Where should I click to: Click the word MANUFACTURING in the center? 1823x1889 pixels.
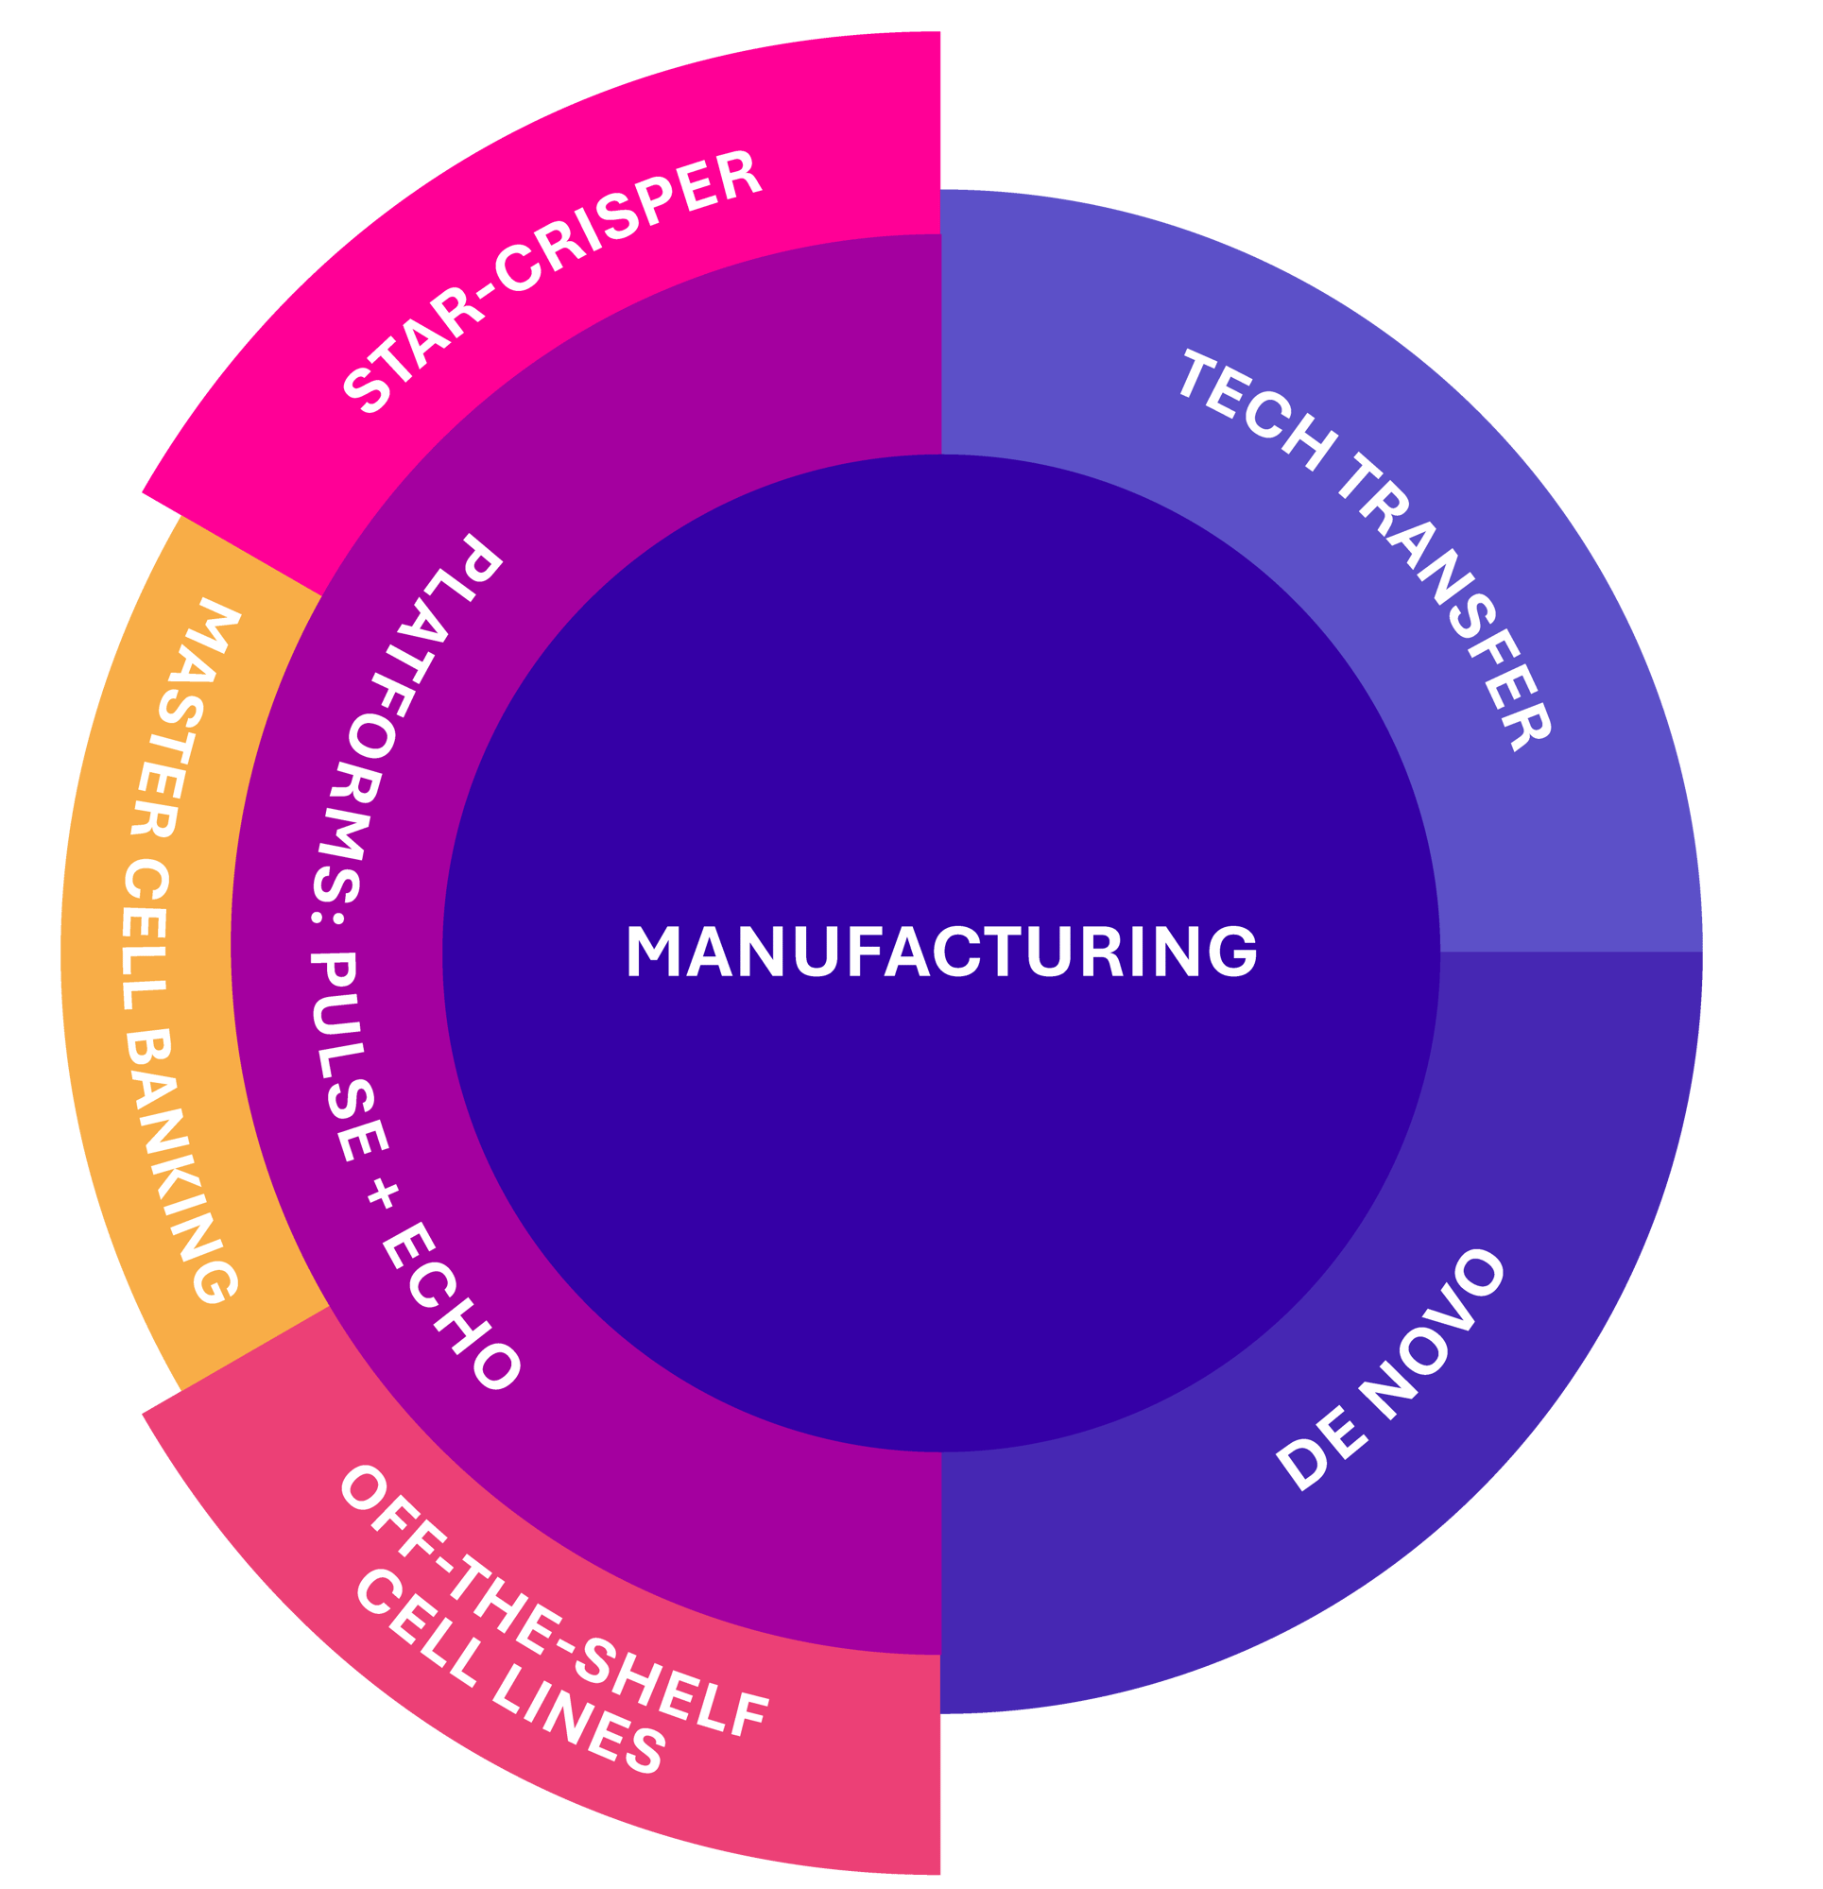point(941,952)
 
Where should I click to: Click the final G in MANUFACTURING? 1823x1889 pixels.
point(1236,952)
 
